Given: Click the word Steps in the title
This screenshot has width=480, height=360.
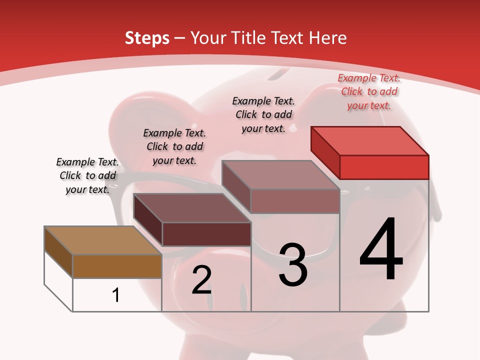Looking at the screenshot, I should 147,38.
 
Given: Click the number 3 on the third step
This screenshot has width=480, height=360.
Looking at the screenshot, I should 292,264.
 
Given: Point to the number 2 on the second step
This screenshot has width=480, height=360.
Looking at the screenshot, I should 201,280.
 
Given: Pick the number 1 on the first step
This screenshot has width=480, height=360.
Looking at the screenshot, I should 115,295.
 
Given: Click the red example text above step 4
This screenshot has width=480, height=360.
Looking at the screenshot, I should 369,91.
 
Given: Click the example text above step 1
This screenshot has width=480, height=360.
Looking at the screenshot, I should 87,175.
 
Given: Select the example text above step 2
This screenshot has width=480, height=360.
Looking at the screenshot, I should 174,146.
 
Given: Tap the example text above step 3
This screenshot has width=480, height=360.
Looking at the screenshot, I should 263,114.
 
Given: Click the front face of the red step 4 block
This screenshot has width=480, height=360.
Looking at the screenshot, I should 384,167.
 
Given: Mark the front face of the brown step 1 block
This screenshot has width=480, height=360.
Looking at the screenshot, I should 117,266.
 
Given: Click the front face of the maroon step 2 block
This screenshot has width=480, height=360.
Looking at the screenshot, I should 206,234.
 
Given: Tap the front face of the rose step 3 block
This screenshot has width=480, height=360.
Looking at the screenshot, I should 295,201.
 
